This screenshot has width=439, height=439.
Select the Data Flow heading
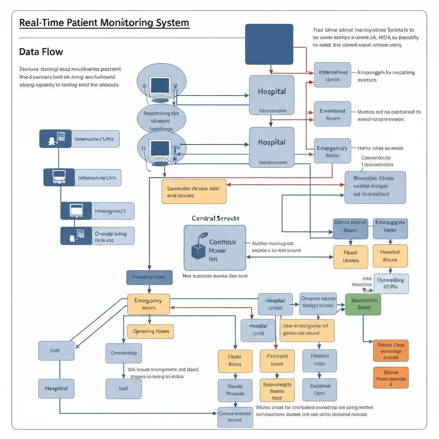(x=41, y=52)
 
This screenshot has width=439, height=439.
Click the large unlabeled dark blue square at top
(x=269, y=44)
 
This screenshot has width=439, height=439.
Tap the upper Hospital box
(x=271, y=95)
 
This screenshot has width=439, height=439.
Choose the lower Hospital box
(x=271, y=147)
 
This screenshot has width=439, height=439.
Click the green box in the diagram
(x=363, y=304)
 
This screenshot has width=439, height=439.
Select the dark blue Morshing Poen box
(x=149, y=277)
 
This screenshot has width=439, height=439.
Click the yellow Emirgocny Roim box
(x=148, y=304)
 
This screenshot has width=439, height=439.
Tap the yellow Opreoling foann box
(x=150, y=331)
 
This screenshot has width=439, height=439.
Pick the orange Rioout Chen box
(x=391, y=351)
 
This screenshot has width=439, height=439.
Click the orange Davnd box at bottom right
(x=391, y=377)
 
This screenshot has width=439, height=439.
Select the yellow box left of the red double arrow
(x=194, y=191)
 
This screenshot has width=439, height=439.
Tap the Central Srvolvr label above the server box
(x=216, y=218)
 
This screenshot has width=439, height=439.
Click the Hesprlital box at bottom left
(x=56, y=388)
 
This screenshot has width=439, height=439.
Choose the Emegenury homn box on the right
(x=332, y=151)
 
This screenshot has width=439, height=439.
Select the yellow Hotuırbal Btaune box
(x=390, y=256)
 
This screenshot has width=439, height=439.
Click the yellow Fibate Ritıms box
(x=235, y=361)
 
